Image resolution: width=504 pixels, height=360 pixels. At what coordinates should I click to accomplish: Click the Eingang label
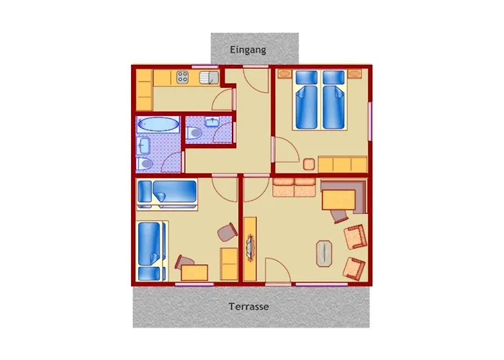[x=248, y=50]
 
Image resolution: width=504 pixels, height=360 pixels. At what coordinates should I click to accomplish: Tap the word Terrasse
[x=249, y=306]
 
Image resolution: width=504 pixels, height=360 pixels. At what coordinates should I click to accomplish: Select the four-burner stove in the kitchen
[x=182, y=77]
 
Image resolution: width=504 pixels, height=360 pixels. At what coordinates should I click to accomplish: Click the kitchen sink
[x=209, y=78]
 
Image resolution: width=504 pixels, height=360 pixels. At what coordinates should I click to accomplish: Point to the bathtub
[x=158, y=124]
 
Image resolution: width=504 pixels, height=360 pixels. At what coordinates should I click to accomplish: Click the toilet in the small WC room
[x=194, y=132]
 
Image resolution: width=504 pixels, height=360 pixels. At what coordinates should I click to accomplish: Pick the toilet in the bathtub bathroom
[x=144, y=164]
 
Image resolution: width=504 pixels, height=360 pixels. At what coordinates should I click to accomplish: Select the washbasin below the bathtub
[x=143, y=146]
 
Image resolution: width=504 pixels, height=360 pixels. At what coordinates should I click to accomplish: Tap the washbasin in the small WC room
[x=212, y=122]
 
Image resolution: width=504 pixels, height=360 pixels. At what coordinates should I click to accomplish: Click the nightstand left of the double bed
[x=285, y=74]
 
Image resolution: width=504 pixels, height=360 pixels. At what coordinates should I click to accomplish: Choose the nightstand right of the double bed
[x=354, y=74]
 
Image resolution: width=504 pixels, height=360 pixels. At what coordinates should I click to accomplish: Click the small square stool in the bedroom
[x=309, y=165]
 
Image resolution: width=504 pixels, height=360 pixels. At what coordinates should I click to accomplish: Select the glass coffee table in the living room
[x=324, y=253]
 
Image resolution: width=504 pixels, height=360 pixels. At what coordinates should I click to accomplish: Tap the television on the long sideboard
[x=250, y=247]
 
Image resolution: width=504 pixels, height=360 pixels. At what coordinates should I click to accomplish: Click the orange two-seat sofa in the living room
[x=294, y=187]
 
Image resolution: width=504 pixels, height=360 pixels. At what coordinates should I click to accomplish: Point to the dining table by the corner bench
[x=338, y=200]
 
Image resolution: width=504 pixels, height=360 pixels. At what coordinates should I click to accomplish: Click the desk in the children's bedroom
[x=194, y=273]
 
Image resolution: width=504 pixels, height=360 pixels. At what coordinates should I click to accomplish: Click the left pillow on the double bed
[x=306, y=78]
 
